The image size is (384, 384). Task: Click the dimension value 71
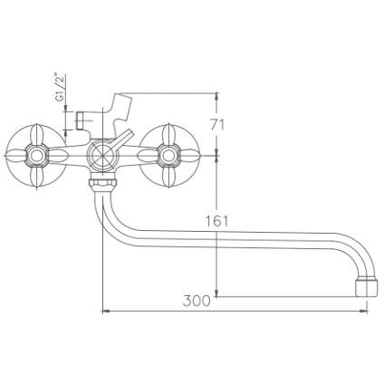click(217, 125)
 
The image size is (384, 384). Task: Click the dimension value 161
click(217, 221)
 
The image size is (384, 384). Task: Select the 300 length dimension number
click(197, 301)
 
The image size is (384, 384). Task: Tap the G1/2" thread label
click(61, 88)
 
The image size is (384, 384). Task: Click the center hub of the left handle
click(36, 156)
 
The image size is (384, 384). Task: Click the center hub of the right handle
click(167, 156)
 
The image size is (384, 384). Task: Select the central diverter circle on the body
click(102, 156)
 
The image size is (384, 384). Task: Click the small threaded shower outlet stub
click(81, 120)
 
